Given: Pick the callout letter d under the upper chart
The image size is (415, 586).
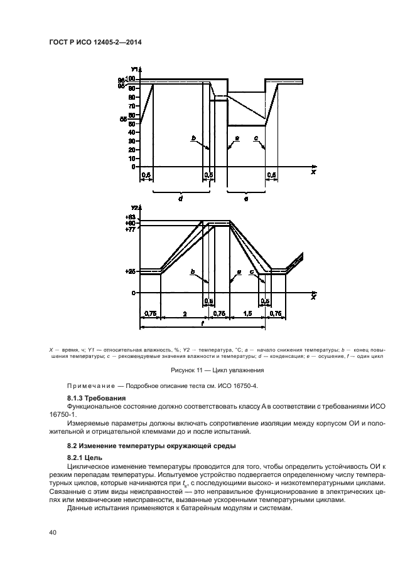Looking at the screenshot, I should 180,197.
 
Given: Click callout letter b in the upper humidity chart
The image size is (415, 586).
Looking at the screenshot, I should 193,137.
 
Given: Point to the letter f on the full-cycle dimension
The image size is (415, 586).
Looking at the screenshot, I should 202,323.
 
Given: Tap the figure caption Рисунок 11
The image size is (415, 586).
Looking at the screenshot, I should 207,370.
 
